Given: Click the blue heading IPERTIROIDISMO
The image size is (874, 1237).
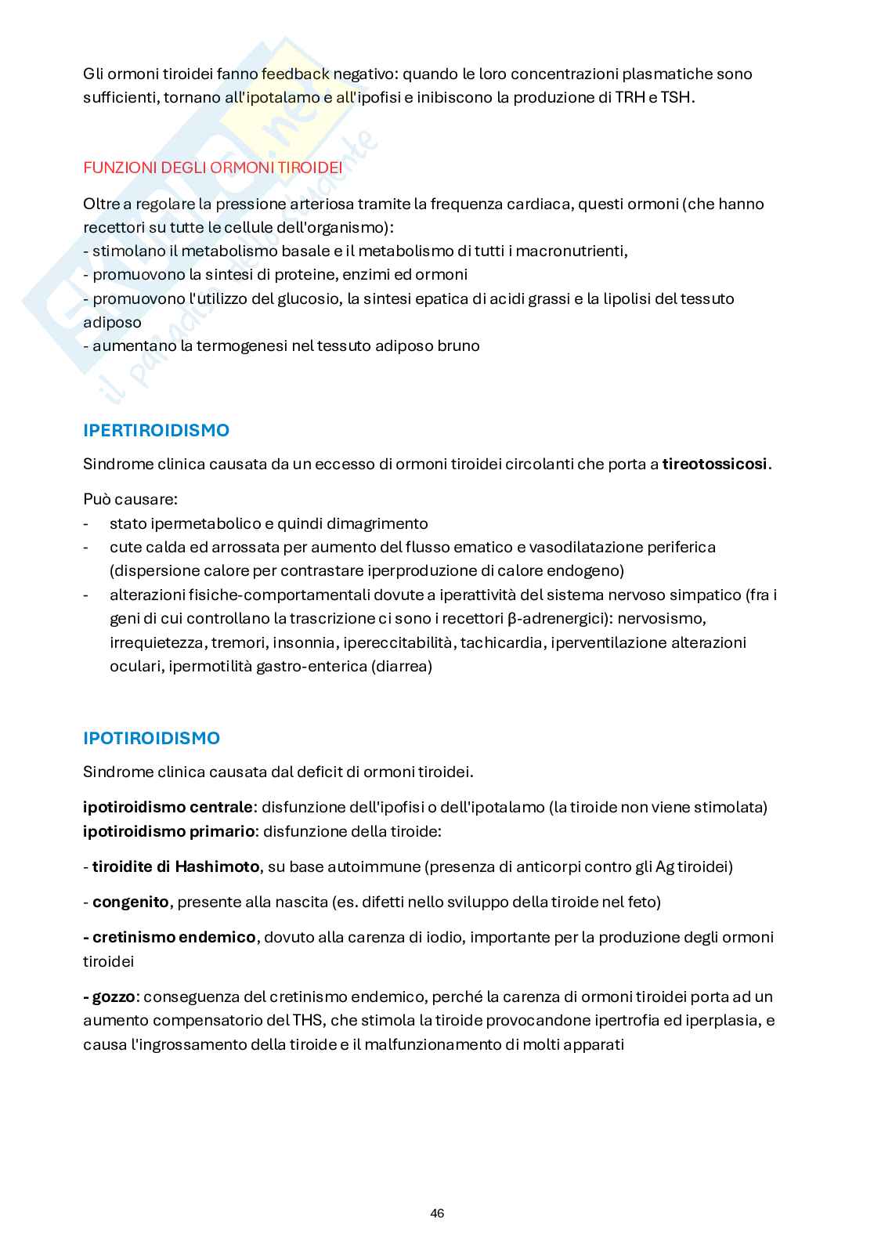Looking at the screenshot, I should pos(156,430).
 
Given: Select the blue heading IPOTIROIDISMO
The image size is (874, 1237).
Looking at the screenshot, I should pos(151,738).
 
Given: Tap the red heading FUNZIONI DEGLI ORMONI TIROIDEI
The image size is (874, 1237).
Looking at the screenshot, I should pos(212,168).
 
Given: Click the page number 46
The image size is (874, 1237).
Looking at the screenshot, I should pos(437,1213).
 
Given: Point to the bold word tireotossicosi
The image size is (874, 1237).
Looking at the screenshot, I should pos(714,464).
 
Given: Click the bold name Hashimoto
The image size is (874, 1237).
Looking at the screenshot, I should pos(217,866).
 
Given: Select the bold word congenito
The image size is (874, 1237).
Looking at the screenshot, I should pos(130,902).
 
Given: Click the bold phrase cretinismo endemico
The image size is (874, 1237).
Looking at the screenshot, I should pos(174,937).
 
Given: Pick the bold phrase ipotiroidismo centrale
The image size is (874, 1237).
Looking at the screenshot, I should pos(168,807).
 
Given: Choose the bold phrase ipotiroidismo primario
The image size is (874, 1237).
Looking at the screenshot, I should pos(168,830).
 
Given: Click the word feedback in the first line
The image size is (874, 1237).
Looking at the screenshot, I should pos(296,74).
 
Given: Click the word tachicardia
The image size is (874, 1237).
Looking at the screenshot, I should pos(501,642).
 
